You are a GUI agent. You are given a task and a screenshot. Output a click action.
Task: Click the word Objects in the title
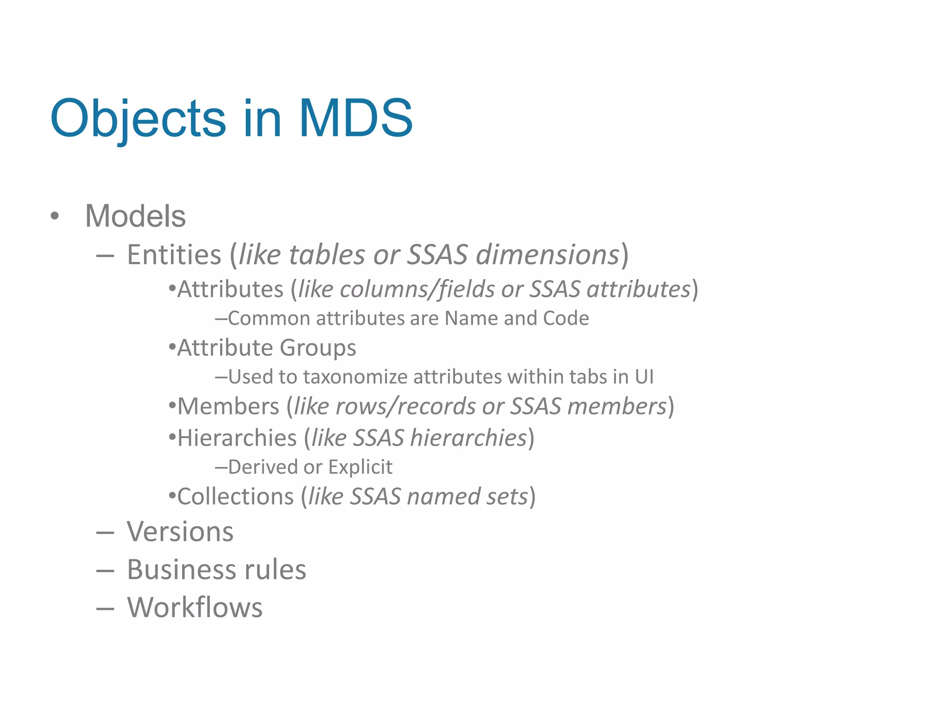pos(138,120)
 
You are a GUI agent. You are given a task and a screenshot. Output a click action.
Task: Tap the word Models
pos(135,216)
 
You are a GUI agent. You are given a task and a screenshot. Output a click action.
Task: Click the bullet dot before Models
pos(55,216)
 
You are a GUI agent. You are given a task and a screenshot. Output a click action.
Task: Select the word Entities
pos(174,255)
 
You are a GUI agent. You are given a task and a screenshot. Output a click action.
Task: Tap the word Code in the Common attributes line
pos(566,318)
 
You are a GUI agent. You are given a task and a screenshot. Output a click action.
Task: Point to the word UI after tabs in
pos(644,377)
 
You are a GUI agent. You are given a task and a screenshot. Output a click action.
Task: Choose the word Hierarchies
pos(237,438)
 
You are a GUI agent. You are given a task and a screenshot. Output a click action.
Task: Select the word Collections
pos(235,497)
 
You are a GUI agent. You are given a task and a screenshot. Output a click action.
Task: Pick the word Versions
pos(180,532)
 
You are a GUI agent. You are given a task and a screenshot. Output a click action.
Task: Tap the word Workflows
pos(195,608)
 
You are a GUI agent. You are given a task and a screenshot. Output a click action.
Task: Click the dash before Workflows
pos(105,609)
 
